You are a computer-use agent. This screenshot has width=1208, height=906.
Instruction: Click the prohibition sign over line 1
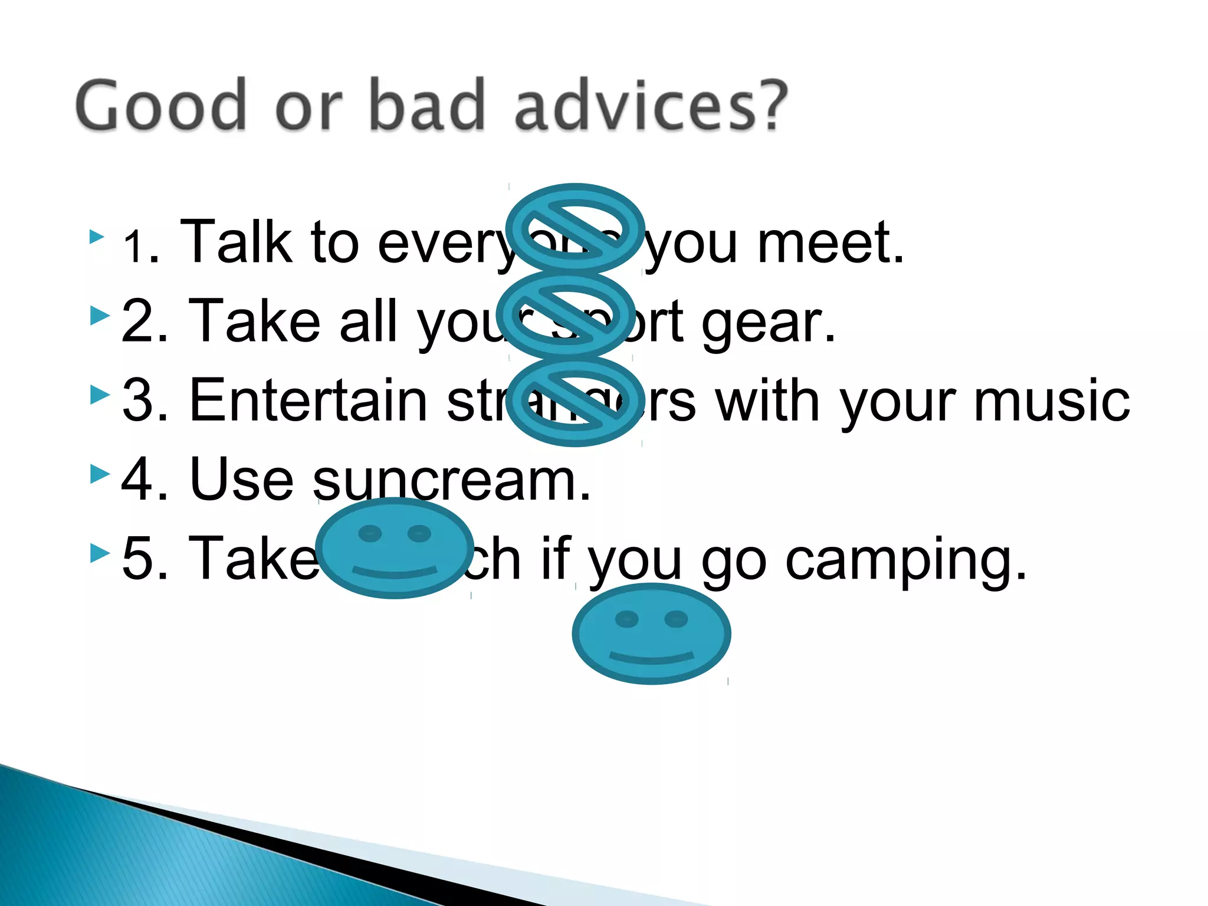[x=575, y=228]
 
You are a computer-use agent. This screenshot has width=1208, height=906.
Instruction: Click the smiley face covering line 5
[x=394, y=548]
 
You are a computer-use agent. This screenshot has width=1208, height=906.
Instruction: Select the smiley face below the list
[x=651, y=633]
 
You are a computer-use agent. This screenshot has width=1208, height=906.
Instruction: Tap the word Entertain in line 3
[x=308, y=401]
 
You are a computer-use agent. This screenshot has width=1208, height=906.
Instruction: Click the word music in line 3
[x=1051, y=401]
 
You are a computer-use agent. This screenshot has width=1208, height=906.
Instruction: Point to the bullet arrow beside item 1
[x=97, y=237]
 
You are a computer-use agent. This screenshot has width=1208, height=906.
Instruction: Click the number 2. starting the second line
[x=145, y=322]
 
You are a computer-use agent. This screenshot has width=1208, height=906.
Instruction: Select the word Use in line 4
[x=242, y=480]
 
